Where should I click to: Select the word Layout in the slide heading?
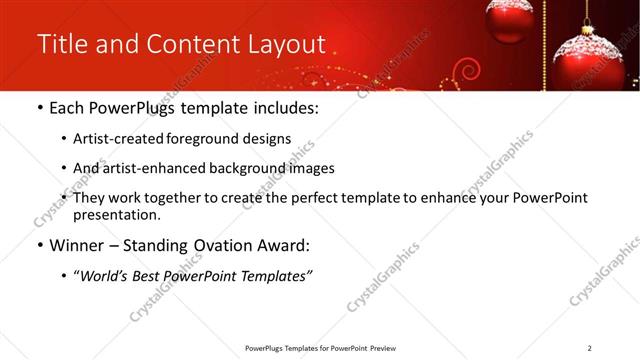point(286,45)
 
